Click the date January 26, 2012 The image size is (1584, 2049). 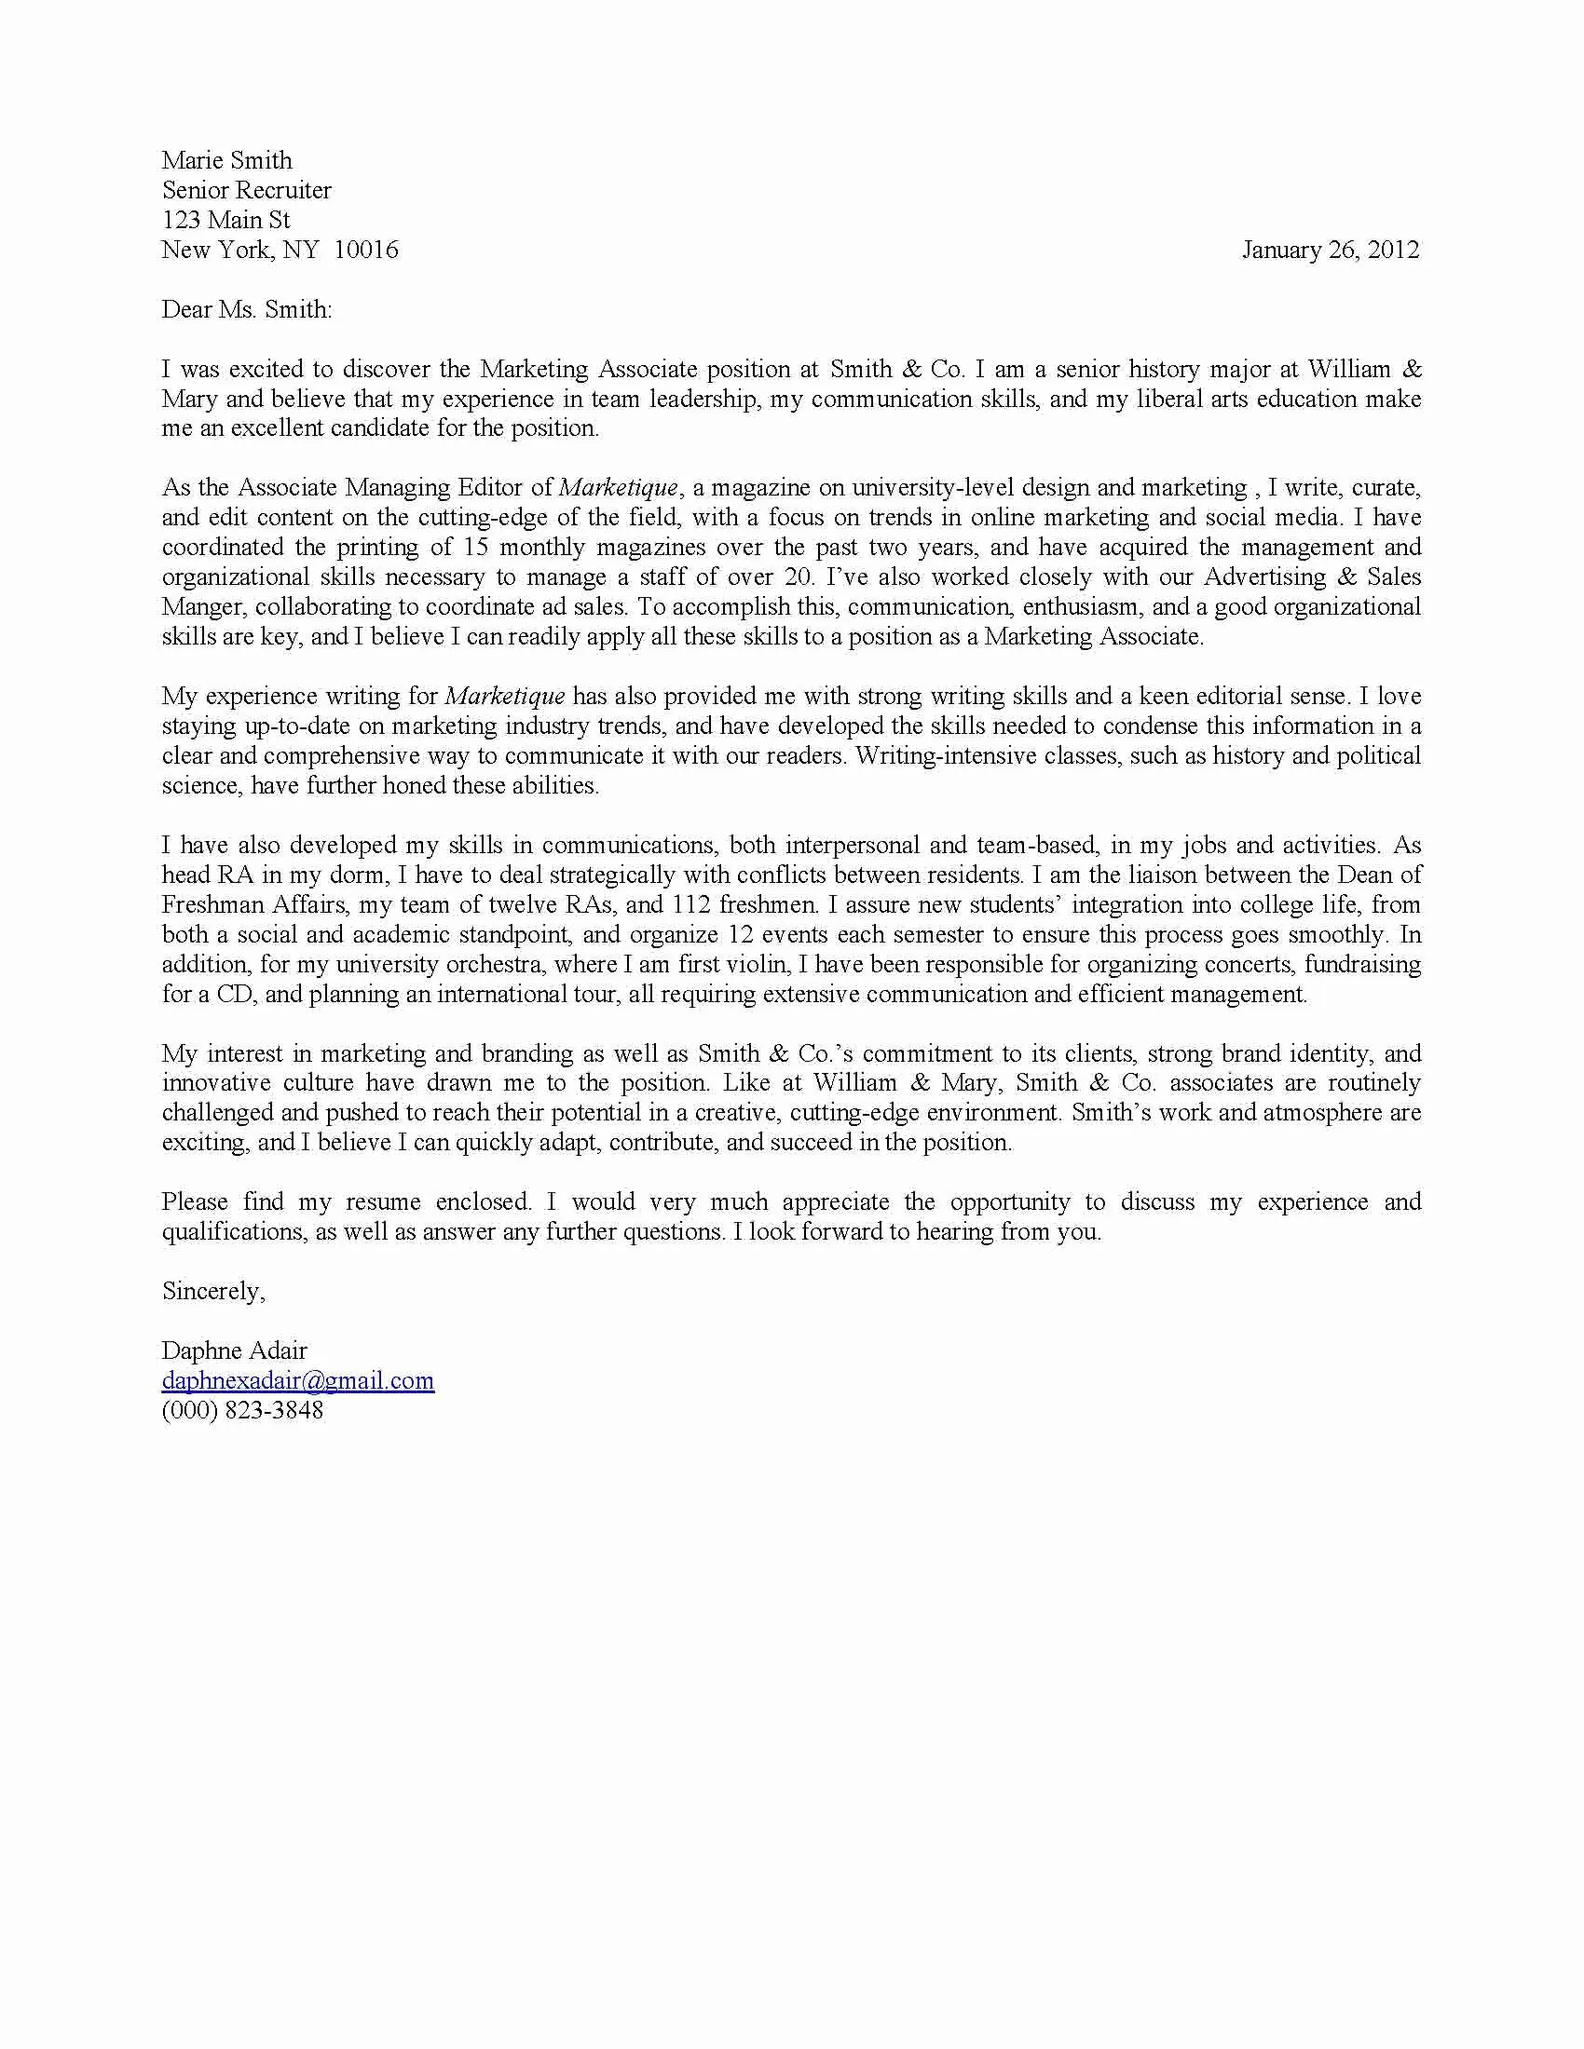(x=1330, y=250)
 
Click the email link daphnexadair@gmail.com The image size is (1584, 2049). (x=297, y=1380)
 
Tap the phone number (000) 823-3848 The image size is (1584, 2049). (x=242, y=1410)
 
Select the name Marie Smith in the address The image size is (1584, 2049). (x=226, y=160)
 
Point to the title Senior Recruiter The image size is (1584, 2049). (x=246, y=190)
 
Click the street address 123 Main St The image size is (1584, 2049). (x=225, y=221)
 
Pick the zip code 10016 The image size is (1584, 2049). (x=366, y=250)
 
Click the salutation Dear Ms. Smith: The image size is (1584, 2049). (x=246, y=309)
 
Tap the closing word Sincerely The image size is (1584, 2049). (x=212, y=1291)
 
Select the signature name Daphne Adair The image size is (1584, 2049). (x=234, y=1350)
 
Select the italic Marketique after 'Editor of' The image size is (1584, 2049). (x=618, y=488)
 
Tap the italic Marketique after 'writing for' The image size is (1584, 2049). (x=505, y=696)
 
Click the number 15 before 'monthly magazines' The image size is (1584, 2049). (x=475, y=547)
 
